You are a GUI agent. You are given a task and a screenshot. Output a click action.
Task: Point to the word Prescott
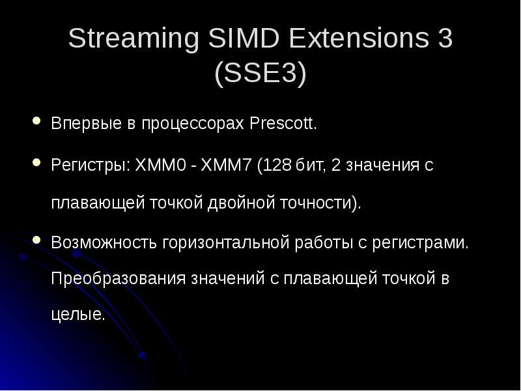click(x=283, y=124)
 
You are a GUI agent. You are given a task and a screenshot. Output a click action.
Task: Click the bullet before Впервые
click(x=36, y=122)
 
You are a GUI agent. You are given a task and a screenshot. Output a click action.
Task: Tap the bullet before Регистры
click(x=36, y=162)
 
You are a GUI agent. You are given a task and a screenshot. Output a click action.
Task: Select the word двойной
click(x=233, y=203)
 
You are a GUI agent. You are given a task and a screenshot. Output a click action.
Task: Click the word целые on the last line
click(x=77, y=316)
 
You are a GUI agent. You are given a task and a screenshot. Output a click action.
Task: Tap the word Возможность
click(x=98, y=244)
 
